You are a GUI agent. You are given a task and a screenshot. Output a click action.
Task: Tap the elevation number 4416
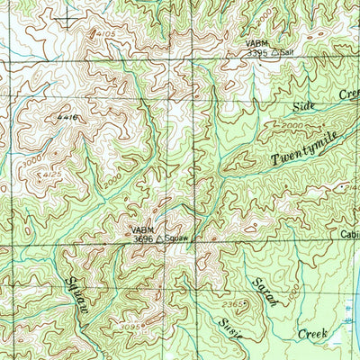[66, 118]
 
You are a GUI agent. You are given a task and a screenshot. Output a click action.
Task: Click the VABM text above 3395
[256, 43]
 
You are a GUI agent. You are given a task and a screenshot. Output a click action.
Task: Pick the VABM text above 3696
[142, 229]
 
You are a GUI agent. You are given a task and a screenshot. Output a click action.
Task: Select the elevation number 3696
[145, 239]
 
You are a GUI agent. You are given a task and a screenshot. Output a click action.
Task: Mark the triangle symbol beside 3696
[160, 239]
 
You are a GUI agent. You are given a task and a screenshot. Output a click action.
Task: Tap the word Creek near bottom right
[314, 334]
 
